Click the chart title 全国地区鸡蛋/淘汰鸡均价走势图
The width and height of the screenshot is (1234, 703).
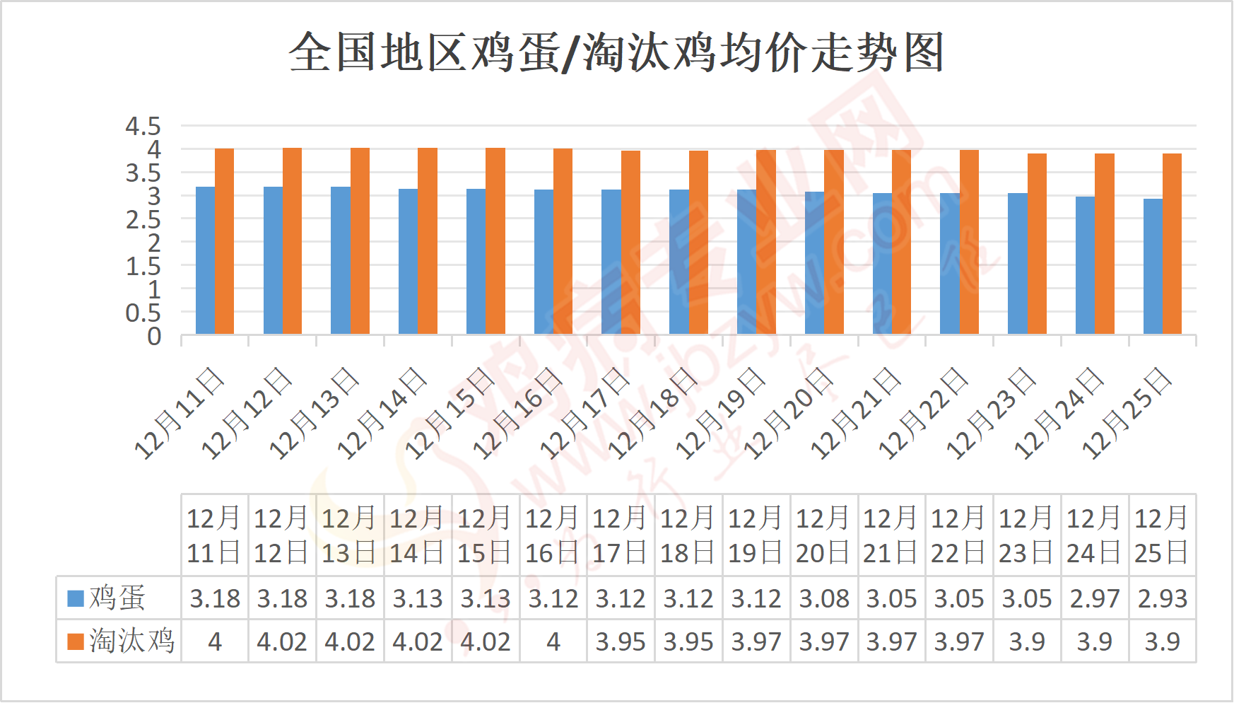pyautogui.click(x=616, y=52)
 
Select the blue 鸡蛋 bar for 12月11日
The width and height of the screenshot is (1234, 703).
pyautogui.click(x=205, y=260)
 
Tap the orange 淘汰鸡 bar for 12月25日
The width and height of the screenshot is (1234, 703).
pyautogui.click(x=1172, y=244)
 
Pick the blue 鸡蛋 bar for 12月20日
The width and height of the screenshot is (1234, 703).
pyautogui.click(x=814, y=263)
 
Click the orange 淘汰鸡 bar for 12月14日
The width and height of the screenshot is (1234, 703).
pyautogui.click(x=428, y=241)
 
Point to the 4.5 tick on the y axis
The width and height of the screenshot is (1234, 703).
pyautogui.click(x=143, y=127)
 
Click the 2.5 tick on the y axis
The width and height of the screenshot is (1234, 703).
pyautogui.click(x=143, y=220)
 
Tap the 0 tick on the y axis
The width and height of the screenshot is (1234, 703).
pyautogui.click(x=154, y=337)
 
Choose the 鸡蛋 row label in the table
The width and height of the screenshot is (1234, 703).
pyautogui.click(x=117, y=598)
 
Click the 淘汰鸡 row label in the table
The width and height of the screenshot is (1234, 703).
pyautogui.click(x=131, y=641)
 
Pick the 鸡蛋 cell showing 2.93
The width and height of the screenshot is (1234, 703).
pyautogui.click(x=1163, y=598)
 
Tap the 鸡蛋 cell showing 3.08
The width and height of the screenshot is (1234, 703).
pyautogui.click(x=824, y=598)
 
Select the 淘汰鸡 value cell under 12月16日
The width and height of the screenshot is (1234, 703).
pyautogui.click(x=553, y=641)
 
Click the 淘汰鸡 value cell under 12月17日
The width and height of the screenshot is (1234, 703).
pyautogui.click(x=621, y=641)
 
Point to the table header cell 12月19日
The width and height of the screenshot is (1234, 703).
pyautogui.click(x=756, y=535)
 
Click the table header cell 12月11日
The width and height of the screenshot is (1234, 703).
pyautogui.click(x=214, y=535)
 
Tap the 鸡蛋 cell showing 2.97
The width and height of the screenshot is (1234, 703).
pyautogui.click(x=1095, y=598)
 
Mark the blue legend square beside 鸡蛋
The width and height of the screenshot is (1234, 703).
pyautogui.click(x=75, y=598)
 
